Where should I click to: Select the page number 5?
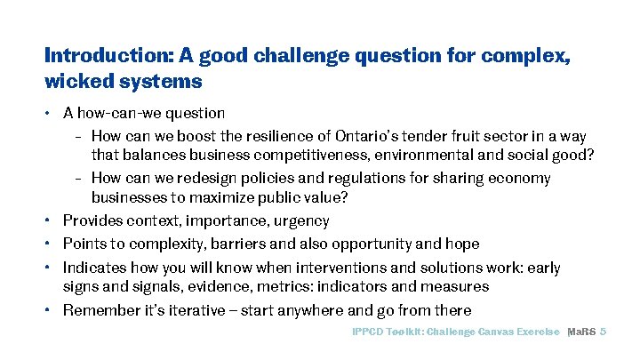tap(604, 332)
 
